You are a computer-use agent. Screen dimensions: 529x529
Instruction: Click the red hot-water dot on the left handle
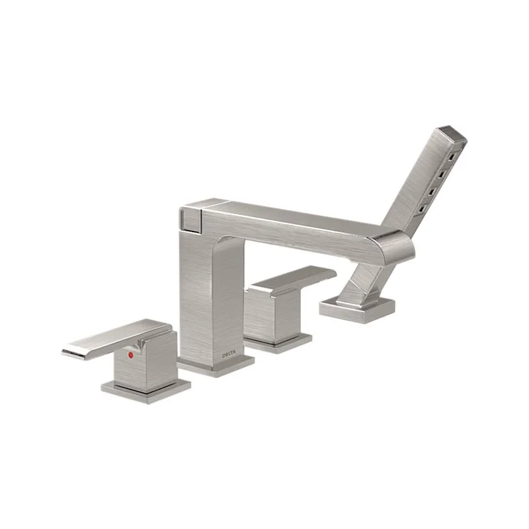click(131, 355)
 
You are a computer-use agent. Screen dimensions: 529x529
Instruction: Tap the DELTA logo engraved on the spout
click(229, 354)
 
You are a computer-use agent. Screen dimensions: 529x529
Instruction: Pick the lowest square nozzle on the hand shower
click(422, 210)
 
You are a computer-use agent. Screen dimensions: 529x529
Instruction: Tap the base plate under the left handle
click(145, 391)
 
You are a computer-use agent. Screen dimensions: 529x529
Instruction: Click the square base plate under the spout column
click(216, 366)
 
